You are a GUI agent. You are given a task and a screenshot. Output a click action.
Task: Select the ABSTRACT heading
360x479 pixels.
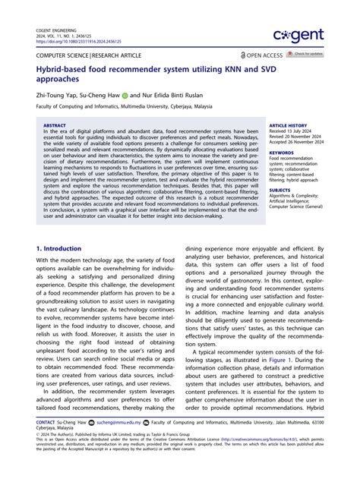[x=54, y=125]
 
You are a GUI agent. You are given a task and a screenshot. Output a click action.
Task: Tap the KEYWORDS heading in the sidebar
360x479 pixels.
[x=280, y=153]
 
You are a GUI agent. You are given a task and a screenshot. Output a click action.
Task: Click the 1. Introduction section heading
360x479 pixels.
[x=59, y=248]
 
